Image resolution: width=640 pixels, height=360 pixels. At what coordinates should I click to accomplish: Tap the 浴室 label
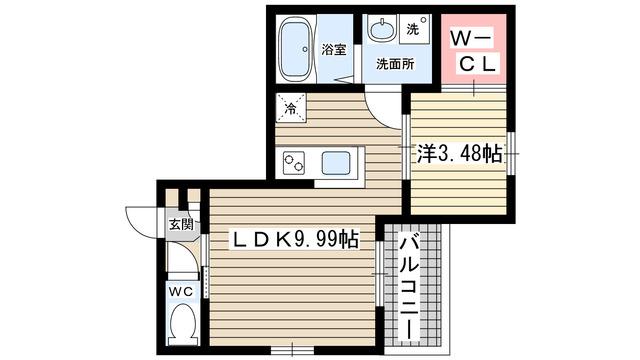pyautogui.click(x=333, y=49)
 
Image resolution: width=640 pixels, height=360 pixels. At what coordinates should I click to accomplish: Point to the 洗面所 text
pyautogui.click(x=396, y=64)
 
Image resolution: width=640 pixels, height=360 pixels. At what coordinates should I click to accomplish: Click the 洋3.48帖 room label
pyautogui.click(x=459, y=153)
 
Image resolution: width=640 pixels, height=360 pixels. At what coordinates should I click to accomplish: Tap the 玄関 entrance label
pyautogui.click(x=180, y=225)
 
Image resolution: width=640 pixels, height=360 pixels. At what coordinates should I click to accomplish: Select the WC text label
pyautogui.click(x=180, y=291)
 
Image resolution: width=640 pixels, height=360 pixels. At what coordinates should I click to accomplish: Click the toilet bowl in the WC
pyautogui.click(x=181, y=325)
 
